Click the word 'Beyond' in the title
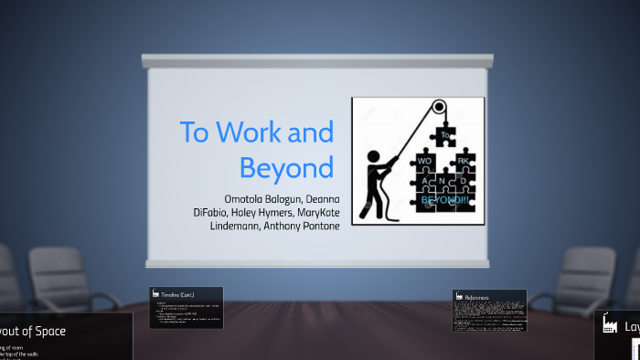click(x=286, y=168)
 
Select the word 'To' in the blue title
click(x=195, y=132)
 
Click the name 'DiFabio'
click(x=213, y=213)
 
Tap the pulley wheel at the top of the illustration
click(x=439, y=106)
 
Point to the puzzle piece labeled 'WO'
click(x=425, y=161)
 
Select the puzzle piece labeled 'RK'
click(x=462, y=161)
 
